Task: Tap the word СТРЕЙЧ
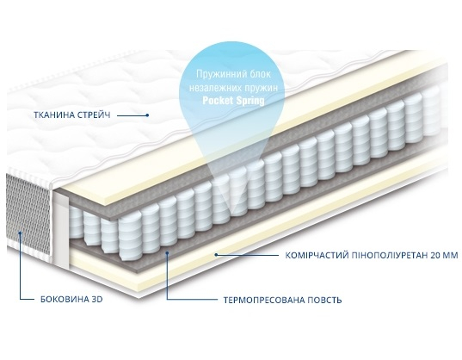click(94, 115)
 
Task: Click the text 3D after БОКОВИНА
click(96, 299)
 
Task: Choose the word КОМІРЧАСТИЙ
click(317, 255)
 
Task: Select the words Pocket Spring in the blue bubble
click(233, 101)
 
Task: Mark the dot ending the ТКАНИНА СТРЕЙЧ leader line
click(148, 115)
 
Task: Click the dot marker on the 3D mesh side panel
click(20, 233)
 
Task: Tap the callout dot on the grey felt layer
click(167, 252)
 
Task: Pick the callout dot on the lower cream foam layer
click(216, 254)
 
